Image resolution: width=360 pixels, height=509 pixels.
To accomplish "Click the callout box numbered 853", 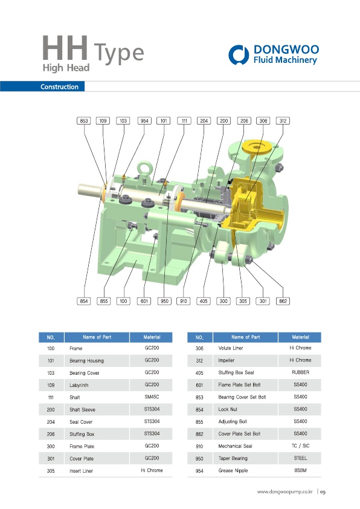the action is (x=84, y=121).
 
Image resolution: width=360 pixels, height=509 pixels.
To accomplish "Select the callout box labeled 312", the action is (x=283, y=121).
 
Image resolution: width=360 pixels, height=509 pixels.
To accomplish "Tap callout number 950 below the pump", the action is (x=164, y=301).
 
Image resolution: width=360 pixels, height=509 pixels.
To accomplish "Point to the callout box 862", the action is (x=283, y=301).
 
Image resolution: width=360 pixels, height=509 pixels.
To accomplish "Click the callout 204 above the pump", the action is (x=204, y=121).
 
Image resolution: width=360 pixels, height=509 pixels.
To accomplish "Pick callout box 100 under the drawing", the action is (x=124, y=301).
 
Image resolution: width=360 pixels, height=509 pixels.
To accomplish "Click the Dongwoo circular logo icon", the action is (x=239, y=54).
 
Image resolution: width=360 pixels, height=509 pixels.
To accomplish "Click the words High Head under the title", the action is (x=66, y=68).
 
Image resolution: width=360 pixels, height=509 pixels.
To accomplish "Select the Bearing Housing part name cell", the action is (x=86, y=361).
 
